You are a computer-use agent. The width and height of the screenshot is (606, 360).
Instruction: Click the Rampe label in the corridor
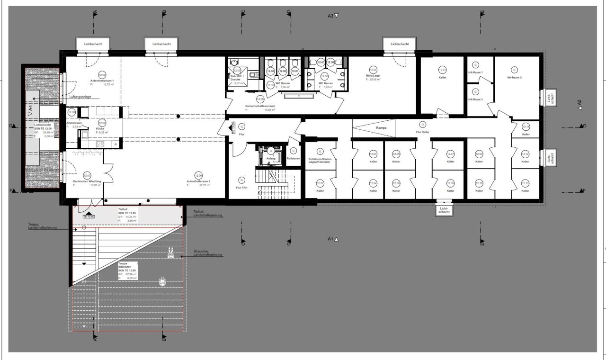pyautogui.click(x=381, y=128)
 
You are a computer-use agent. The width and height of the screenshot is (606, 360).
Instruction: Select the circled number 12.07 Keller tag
pyautogui.click(x=450, y=154)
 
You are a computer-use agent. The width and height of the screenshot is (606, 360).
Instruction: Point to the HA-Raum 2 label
pyautogui.click(x=514, y=78)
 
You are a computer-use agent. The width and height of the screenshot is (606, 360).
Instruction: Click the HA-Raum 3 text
pyautogui.click(x=475, y=100)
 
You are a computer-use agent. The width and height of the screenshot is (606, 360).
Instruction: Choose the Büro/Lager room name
pyautogui.click(x=373, y=75)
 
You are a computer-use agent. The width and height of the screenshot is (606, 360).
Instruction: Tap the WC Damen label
pyautogui.click(x=282, y=83)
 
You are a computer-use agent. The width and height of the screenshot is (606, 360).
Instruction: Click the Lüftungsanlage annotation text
pyautogui.click(x=80, y=97)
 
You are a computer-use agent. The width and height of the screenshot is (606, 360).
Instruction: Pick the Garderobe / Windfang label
pyautogui.click(x=87, y=181)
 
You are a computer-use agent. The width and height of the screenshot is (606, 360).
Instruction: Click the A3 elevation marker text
pyautogui.click(x=331, y=16)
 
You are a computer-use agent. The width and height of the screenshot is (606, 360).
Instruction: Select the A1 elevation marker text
pyautogui.click(x=330, y=239)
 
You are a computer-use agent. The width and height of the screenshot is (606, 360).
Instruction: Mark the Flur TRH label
pyautogui.click(x=241, y=188)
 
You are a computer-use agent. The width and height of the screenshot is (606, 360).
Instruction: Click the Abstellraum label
pyautogui.click(x=74, y=123)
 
